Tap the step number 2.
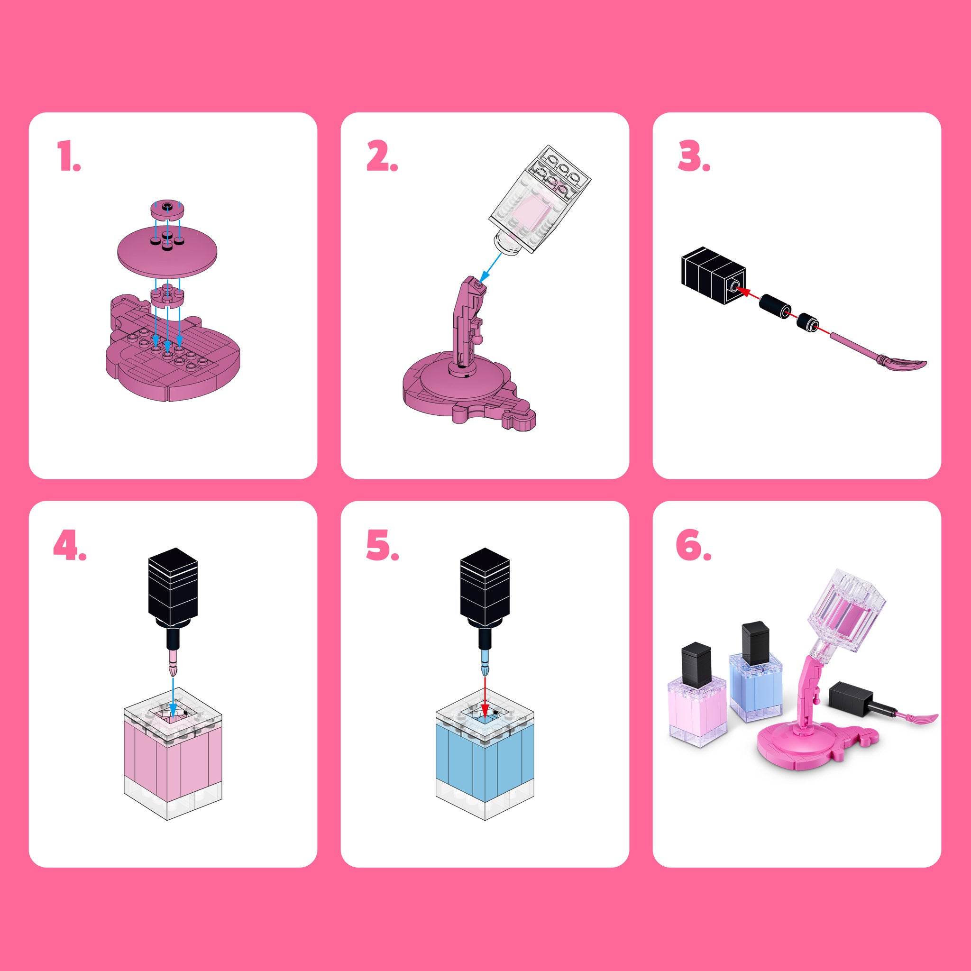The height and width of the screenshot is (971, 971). [382, 156]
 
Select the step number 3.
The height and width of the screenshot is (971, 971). [694, 156]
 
